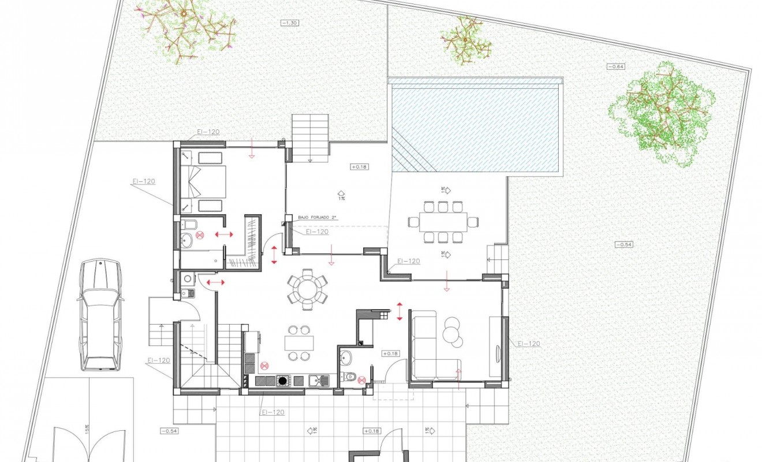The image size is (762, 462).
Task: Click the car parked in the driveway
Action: (x=100, y=315)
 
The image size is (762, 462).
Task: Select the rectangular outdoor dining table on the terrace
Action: (x=443, y=221)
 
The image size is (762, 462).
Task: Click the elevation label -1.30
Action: (x=289, y=23)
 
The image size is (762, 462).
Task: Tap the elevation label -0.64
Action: (x=616, y=67)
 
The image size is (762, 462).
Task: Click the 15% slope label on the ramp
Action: (x=87, y=429)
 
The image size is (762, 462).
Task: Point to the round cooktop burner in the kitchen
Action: (x=282, y=381)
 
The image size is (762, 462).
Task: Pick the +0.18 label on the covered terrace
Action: (x=359, y=167)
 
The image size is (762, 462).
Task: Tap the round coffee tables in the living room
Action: (x=452, y=333)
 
